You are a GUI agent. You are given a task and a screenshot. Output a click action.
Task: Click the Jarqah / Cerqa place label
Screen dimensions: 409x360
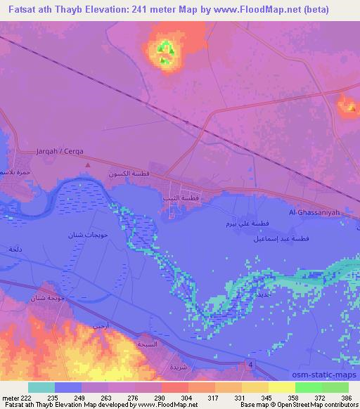60,151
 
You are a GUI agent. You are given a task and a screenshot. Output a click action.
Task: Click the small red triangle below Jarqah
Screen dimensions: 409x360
87,165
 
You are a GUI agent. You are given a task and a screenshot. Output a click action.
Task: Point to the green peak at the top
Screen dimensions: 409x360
166,50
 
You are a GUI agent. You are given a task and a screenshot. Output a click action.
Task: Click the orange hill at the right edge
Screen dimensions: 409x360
347,106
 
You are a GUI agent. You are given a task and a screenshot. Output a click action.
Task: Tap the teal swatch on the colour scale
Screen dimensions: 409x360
41,387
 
